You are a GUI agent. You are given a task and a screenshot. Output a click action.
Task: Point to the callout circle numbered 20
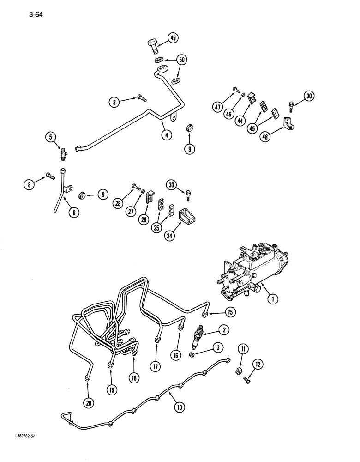coord(88,403)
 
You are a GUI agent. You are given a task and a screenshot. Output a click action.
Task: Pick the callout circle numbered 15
coord(230,313)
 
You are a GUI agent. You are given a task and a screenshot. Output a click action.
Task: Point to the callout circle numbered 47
coord(218,108)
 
